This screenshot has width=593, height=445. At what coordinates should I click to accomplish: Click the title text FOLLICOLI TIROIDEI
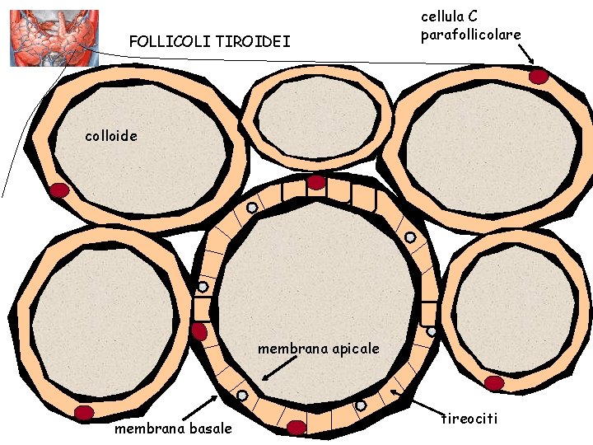pyautogui.click(x=210, y=40)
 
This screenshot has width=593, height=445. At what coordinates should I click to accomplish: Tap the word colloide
pyautogui.click(x=112, y=135)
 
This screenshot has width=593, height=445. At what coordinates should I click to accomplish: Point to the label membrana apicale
pyautogui.click(x=319, y=349)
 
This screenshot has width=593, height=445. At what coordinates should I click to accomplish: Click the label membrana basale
pyautogui.click(x=173, y=429)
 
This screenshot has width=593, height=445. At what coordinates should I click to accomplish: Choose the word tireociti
pyautogui.click(x=469, y=419)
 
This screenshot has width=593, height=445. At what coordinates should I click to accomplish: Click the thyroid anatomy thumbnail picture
pyautogui.click(x=54, y=38)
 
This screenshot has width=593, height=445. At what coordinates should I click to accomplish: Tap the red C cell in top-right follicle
pyautogui.click(x=539, y=77)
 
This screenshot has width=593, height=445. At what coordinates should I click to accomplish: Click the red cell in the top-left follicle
pyautogui.click(x=59, y=190)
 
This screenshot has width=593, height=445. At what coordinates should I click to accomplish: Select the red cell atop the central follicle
pyautogui.click(x=316, y=183)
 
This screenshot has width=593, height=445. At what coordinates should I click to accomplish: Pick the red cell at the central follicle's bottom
pyautogui.click(x=296, y=427)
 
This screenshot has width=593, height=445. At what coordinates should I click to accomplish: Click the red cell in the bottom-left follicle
pyautogui.click(x=83, y=412)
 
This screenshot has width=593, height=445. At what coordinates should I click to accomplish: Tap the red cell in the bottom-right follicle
pyautogui.click(x=494, y=383)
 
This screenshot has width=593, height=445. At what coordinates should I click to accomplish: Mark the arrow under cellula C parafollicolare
pyautogui.click(x=525, y=54)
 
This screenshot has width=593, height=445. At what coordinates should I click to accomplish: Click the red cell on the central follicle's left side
pyautogui.click(x=199, y=331)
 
